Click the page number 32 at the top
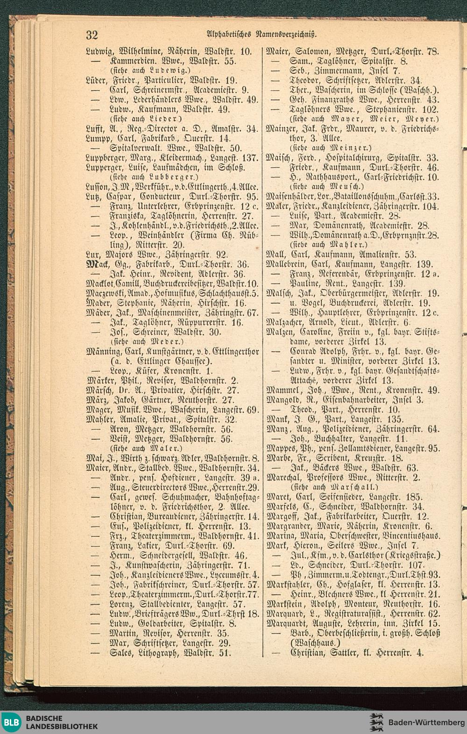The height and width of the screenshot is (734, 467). [91, 35]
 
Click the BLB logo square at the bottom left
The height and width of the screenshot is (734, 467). [12, 722]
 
